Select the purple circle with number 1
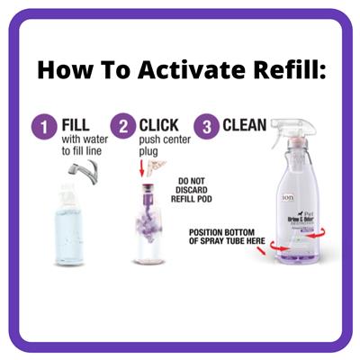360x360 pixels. point(43,126)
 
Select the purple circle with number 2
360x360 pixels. point(123,126)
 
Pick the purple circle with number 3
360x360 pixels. point(209,126)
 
